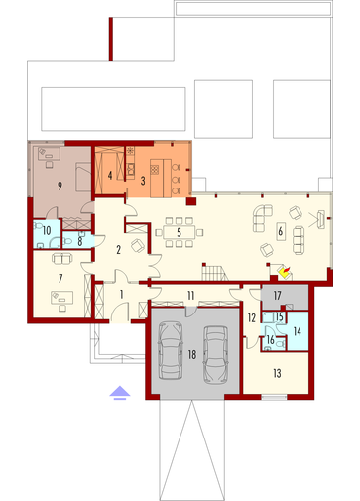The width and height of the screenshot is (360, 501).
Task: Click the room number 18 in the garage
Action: click(x=192, y=355)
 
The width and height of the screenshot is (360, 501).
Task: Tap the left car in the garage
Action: click(x=171, y=350)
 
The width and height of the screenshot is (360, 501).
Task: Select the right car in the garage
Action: click(x=216, y=355)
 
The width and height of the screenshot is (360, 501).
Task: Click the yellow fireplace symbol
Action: click(x=285, y=272)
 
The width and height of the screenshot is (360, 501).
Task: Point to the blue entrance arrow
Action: click(x=120, y=393)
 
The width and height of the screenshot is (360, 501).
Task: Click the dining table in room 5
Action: click(x=179, y=232)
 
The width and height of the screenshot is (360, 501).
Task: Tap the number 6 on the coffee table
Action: click(x=281, y=231)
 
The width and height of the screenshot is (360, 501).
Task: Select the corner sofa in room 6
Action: click(x=263, y=217)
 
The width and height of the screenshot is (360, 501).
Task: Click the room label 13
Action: click(x=277, y=373)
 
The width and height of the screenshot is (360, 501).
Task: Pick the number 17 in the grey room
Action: click(x=277, y=295)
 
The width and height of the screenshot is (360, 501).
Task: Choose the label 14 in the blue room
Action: click(x=298, y=331)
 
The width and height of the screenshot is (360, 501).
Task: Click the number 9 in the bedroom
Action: click(x=60, y=186)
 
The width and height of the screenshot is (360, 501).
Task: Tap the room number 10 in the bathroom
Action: click(x=47, y=230)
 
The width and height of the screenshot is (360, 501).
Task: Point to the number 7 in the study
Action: click(x=60, y=279)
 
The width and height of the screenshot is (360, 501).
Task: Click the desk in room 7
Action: click(x=61, y=297)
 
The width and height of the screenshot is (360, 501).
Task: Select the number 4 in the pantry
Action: click(x=110, y=175)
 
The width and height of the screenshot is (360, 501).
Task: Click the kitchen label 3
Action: click(x=143, y=181)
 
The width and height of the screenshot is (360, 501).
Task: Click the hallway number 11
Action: click(x=191, y=295)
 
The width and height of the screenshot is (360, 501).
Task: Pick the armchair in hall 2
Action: click(x=138, y=245)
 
